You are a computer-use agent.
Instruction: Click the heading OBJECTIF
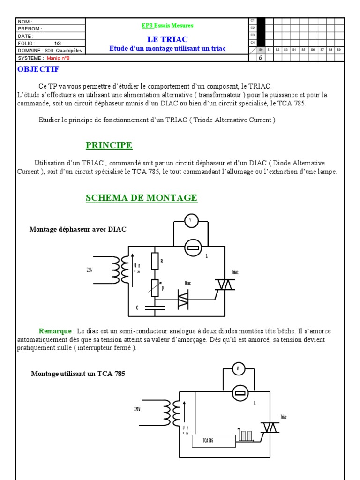38,69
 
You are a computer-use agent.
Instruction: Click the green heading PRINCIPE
109,145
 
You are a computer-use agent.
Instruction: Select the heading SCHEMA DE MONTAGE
142,198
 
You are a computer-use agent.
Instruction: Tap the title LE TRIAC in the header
167,39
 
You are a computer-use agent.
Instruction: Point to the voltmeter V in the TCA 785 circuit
239,369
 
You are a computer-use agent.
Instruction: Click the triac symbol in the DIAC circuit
225,285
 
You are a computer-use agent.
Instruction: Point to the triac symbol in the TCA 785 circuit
270,427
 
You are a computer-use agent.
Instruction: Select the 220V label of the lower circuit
137,409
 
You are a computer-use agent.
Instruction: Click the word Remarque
55,331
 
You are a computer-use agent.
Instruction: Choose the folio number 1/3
58,43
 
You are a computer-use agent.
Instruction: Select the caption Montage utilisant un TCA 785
78,374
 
